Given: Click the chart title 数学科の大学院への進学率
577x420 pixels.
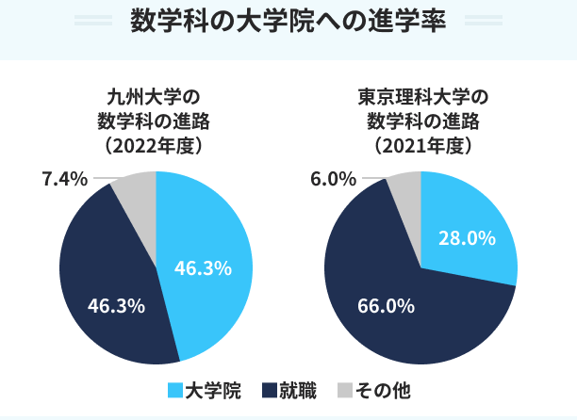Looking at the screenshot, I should pyautogui.click(x=288, y=21).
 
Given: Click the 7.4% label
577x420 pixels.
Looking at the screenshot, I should pyautogui.click(x=65, y=179).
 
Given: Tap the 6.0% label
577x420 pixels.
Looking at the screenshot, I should pyautogui.click(x=334, y=179).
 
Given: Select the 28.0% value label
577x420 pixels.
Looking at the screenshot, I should pyautogui.click(x=467, y=238).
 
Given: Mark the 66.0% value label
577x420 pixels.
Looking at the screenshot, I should pyautogui.click(x=386, y=305).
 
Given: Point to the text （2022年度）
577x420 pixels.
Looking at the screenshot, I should pyautogui.click(x=155, y=146).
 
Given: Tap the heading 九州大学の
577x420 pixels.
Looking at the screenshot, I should pyautogui.click(x=155, y=98).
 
